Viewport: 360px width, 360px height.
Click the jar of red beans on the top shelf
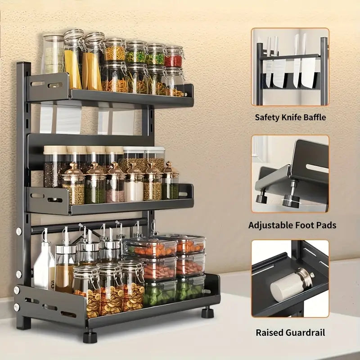[x=174, y=57]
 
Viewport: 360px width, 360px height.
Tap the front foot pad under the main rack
[x=90, y=336]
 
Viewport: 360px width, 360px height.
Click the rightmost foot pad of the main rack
[x=207, y=312]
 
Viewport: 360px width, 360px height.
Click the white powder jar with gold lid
[x=134, y=184]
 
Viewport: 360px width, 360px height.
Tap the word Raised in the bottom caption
[x=269, y=333]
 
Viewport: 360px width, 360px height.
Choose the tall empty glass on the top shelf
[x=53, y=54]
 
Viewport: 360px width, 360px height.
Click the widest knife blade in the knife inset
[x=308, y=72]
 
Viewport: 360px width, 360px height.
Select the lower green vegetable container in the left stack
[x=160, y=293]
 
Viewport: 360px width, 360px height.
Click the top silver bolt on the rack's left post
[x=19, y=231]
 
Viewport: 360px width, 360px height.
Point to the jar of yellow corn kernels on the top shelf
[x=115, y=50]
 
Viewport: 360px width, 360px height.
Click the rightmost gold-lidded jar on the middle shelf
[x=171, y=181]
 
